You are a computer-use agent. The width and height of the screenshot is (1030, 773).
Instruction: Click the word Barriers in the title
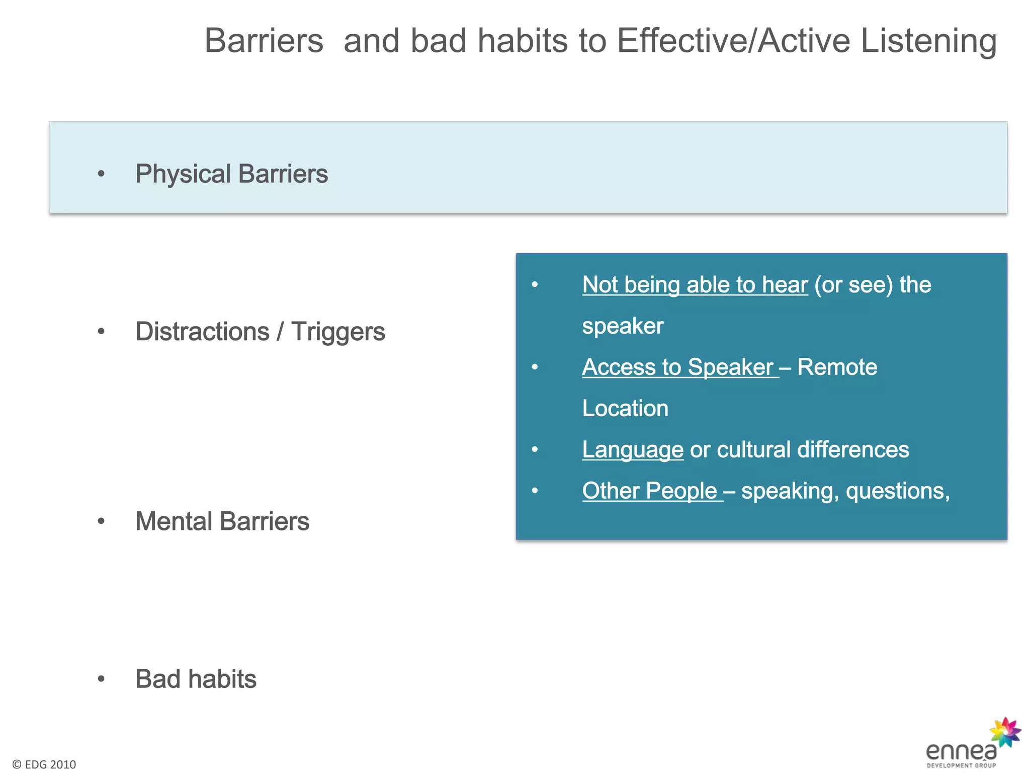[264, 41]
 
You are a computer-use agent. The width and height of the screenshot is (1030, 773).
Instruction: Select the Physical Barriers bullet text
[231, 174]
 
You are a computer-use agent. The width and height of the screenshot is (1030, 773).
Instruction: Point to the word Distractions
[202, 332]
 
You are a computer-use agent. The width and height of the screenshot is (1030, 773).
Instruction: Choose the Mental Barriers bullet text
[222, 521]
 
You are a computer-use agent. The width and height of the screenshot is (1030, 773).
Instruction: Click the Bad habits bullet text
[196, 679]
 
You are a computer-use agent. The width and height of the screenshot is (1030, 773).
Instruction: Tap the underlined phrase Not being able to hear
[695, 285]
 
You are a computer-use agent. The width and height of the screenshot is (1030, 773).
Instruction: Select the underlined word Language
[632, 450]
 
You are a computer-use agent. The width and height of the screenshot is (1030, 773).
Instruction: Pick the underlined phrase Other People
[649, 491]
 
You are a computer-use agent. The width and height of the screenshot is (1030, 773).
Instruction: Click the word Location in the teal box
[625, 409]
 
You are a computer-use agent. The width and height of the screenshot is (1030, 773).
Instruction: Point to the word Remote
[837, 367]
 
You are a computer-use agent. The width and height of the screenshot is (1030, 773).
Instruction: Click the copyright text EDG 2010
[44, 764]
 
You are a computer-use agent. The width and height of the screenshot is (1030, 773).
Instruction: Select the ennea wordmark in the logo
[961, 752]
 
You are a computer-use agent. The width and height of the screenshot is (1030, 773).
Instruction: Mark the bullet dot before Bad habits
[101, 679]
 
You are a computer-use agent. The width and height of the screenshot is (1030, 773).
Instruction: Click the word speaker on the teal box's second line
[623, 326]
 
